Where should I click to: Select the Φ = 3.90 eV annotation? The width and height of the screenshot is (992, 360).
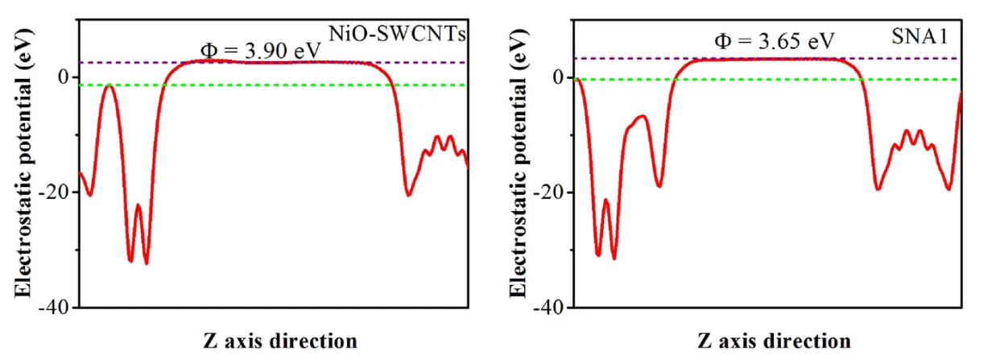click(261, 51)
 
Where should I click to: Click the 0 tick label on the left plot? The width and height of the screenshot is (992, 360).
click(64, 77)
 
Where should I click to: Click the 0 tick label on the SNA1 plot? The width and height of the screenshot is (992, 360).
click(558, 77)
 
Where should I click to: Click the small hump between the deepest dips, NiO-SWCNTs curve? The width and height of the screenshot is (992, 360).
click(138, 205)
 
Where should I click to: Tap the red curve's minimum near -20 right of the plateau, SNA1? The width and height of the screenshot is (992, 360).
click(878, 189)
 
